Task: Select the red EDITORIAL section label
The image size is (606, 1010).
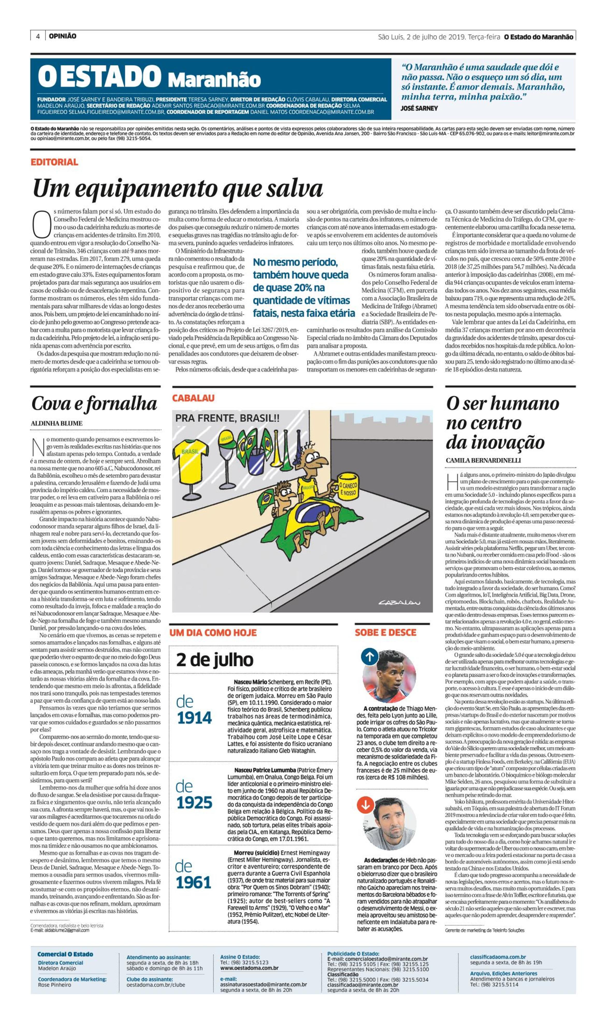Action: [x=54, y=162]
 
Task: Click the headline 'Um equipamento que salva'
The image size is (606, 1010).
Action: [x=178, y=189]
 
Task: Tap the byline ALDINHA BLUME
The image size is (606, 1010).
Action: [x=57, y=423]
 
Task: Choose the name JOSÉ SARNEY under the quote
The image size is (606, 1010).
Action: [x=419, y=108]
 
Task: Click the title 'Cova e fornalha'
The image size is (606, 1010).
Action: [x=94, y=404]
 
